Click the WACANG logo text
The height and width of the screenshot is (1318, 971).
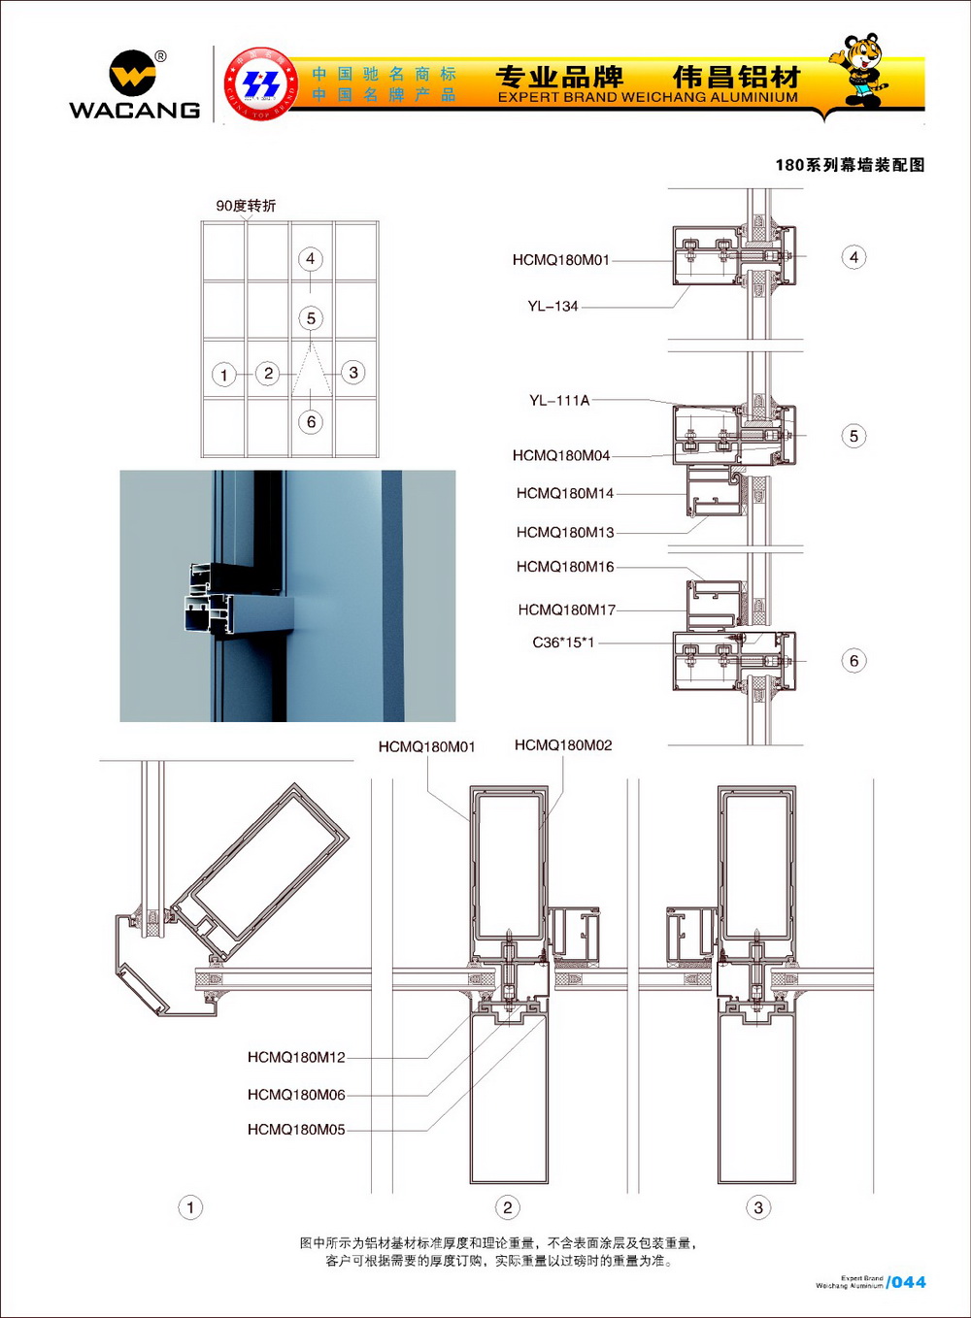click(x=134, y=110)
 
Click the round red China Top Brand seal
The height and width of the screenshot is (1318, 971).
click(x=260, y=83)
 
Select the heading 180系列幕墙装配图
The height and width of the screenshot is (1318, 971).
click(x=850, y=165)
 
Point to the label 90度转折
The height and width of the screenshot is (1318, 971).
click(x=246, y=206)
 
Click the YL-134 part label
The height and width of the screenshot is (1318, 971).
click(x=552, y=307)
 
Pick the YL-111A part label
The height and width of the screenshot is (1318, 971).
click(x=559, y=400)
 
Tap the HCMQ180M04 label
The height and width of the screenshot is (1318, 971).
click(x=561, y=455)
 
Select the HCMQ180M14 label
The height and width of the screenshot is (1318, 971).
click(x=565, y=493)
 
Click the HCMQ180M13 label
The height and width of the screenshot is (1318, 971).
click(x=565, y=532)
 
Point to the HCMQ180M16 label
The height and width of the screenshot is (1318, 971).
click(x=565, y=567)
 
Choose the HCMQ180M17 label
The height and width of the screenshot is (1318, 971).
click(x=566, y=610)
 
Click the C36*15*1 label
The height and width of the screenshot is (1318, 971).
click(x=563, y=643)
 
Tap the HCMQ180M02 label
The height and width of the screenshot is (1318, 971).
click(x=563, y=745)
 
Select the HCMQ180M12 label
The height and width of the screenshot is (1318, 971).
click(x=296, y=1057)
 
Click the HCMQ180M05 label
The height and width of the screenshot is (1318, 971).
click(x=296, y=1130)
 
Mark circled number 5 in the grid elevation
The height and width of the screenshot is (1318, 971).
click(x=311, y=318)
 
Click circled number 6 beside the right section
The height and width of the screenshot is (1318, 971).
click(x=854, y=661)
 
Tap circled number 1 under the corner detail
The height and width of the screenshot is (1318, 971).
click(x=190, y=1207)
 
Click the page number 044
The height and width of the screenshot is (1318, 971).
click(x=909, y=1282)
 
